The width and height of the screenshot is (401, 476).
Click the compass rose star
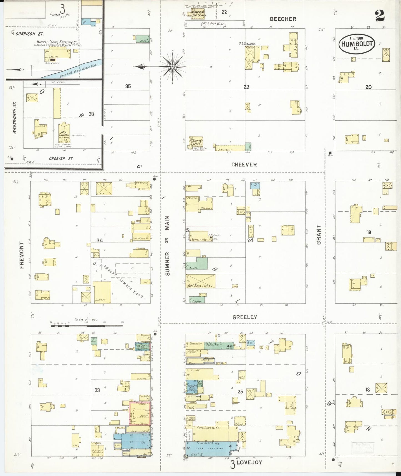tap(172, 67)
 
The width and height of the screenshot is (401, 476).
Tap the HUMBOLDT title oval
tap(357, 44)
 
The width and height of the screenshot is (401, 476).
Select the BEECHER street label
tap(283, 19)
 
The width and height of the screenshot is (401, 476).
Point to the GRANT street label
tap(319, 235)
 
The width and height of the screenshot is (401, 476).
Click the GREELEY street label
tap(244, 317)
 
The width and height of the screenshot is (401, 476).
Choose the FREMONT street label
tap(22, 255)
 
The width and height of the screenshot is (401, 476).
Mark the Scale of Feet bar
tap(87, 325)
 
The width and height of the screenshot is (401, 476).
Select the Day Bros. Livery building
tap(200, 281)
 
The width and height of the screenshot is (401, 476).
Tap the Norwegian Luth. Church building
tap(198, 14)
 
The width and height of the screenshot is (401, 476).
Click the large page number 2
tap(380, 16)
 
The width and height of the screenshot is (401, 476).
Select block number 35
tap(128, 86)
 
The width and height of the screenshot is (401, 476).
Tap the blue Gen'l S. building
tap(211, 448)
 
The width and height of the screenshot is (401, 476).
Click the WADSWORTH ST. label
tap(15, 117)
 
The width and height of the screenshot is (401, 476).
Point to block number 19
tap(369, 232)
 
